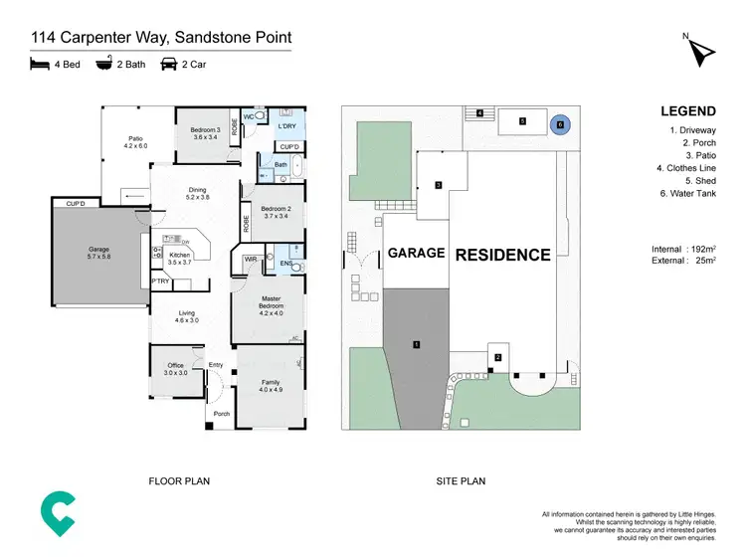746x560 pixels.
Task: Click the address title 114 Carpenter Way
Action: pyautogui.click(x=160, y=38)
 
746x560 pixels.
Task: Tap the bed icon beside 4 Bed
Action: pyautogui.click(x=39, y=66)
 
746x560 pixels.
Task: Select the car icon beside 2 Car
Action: pyautogui.click(x=168, y=66)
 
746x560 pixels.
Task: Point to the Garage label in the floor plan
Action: pyautogui.click(x=98, y=253)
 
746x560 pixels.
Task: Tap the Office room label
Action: pyautogui.click(x=176, y=369)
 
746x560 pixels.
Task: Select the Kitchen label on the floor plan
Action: pyautogui.click(x=179, y=259)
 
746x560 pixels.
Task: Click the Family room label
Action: pyautogui.click(x=270, y=385)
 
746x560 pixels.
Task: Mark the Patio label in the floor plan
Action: pyautogui.click(x=134, y=142)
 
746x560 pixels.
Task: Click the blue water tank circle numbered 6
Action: pyautogui.click(x=560, y=124)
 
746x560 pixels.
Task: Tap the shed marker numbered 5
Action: pyautogui.click(x=522, y=121)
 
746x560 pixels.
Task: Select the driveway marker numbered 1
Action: pyautogui.click(x=416, y=345)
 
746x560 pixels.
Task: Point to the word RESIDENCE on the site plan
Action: pyautogui.click(x=502, y=255)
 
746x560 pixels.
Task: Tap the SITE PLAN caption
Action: pyautogui.click(x=461, y=481)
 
